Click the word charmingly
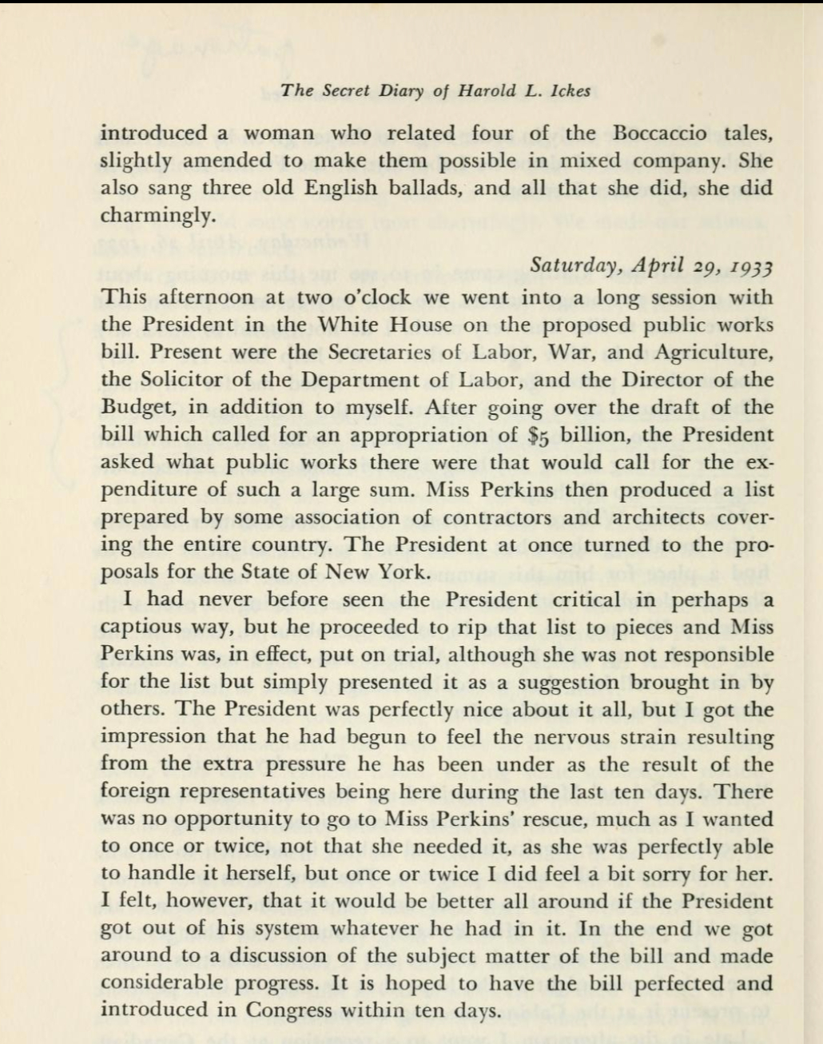[157, 216]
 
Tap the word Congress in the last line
[288, 1010]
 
